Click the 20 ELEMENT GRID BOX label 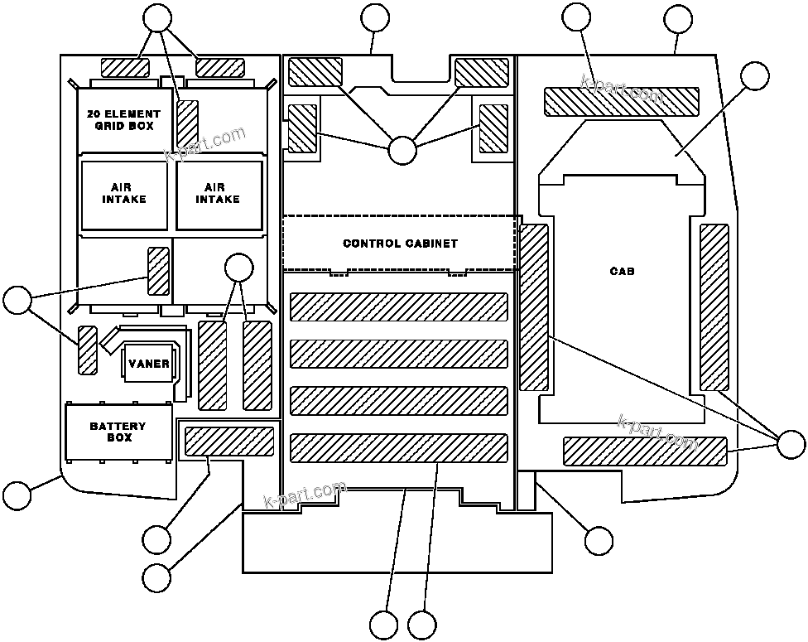point(123,119)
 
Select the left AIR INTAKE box point(124,194)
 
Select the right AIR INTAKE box point(218,194)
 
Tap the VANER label point(149,364)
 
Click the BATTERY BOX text point(118,431)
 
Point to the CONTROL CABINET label point(400,244)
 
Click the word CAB point(622,271)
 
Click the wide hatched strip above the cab point(621,101)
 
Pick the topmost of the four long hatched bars point(398,307)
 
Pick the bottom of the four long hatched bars point(398,448)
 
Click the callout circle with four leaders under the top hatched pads point(402,150)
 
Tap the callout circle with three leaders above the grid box point(157,17)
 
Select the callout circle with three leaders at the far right point(791,445)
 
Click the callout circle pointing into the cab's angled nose point(754,75)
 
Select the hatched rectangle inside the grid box point(188,122)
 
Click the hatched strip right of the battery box point(228,442)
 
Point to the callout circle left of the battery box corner point(17,495)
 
